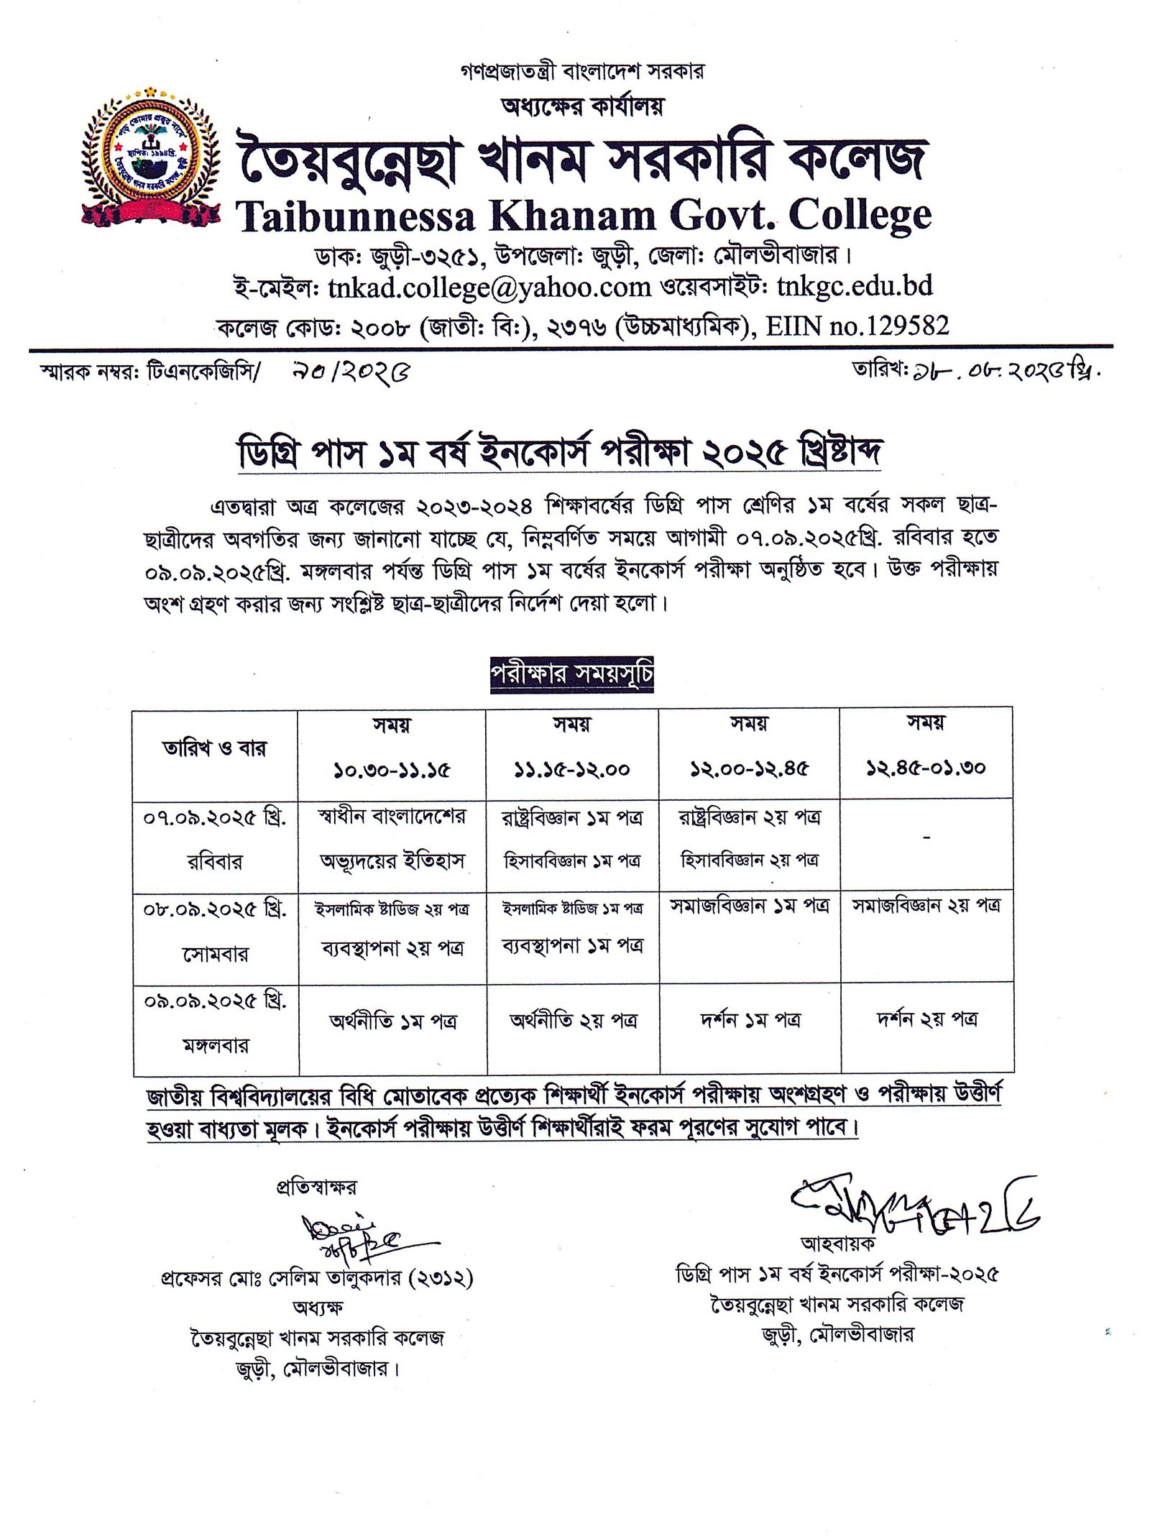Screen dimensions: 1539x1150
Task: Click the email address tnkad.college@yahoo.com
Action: click(489, 288)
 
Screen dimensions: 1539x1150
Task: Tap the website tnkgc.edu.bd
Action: click(855, 287)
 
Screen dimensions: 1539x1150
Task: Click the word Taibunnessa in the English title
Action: click(356, 216)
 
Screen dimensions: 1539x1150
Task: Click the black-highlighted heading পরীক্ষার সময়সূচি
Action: click(572, 674)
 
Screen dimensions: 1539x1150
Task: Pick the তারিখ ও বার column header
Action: click(214, 748)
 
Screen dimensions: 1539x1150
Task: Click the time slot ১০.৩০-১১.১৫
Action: click(392, 770)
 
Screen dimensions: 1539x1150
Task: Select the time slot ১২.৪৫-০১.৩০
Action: click(926, 768)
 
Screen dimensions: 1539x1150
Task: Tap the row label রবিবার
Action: click(215, 861)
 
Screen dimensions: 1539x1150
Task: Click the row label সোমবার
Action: click(215, 954)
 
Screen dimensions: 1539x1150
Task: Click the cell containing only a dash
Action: click(926, 838)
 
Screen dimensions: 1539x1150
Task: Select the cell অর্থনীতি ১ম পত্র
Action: click(393, 1021)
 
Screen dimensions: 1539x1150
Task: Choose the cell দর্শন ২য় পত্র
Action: click(926, 1019)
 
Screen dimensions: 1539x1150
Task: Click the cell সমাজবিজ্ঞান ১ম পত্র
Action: click(749, 906)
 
